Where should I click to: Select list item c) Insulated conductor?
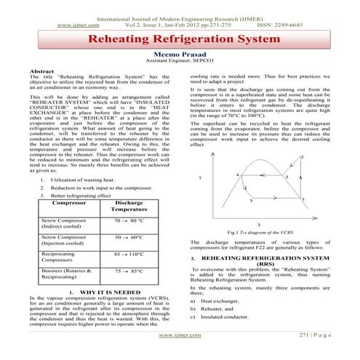click(224, 318)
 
